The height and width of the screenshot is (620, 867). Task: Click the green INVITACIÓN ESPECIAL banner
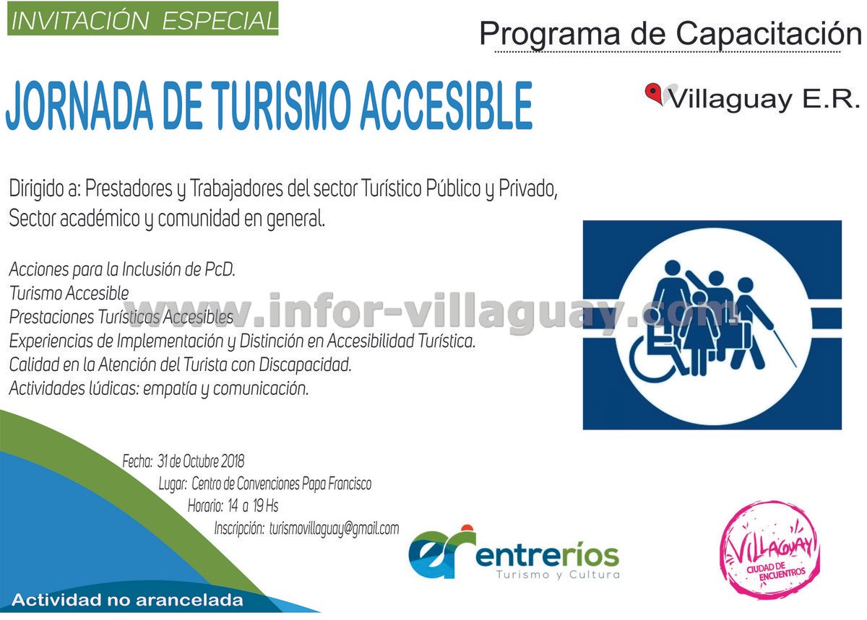click(142, 19)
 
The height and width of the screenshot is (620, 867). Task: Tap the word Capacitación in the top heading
click(769, 35)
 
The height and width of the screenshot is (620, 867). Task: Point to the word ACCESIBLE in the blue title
click(447, 106)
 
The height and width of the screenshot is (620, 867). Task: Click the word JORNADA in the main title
click(79, 106)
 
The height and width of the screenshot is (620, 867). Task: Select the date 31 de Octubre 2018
click(201, 461)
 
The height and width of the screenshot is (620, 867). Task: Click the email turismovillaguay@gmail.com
click(334, 529)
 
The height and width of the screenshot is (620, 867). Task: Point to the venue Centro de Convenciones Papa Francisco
click(281, 484)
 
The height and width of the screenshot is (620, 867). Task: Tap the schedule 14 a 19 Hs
click(253, 506)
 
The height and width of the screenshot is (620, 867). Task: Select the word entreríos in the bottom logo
click(548, 556)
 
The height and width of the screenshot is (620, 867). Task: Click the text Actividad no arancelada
click(128, 601)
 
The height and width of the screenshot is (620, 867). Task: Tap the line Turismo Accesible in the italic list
click(69, 293)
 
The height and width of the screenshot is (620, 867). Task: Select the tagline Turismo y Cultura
click(558, 575)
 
